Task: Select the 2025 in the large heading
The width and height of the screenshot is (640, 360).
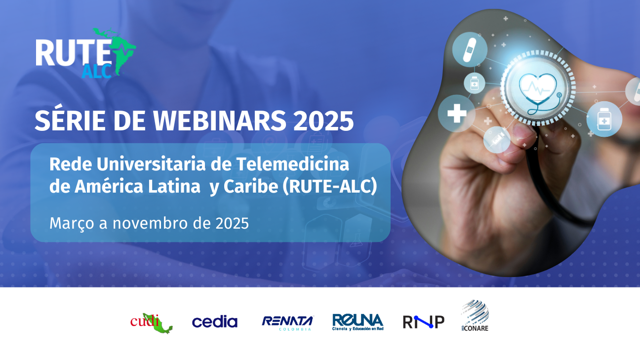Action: point(323,120)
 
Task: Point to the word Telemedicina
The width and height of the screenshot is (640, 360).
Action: point(292,164)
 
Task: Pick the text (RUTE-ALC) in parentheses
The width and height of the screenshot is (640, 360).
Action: point(330,187)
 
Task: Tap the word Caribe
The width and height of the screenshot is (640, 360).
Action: point(250,187)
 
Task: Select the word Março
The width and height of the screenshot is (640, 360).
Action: point(72,224)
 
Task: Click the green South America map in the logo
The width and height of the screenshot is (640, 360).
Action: point(120,50)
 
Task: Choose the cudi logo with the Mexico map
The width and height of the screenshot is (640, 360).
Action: point(152,323)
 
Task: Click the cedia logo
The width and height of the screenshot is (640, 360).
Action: point(215,321)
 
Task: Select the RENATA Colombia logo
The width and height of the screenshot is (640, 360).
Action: point(288,323)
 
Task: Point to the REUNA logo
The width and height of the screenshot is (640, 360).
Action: point(358,322)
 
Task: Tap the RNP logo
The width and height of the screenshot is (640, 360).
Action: point(423,322)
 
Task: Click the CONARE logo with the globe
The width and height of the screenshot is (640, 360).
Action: point(475,316)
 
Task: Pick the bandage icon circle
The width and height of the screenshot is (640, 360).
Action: point(470,50)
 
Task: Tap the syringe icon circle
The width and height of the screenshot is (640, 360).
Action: point(497,140)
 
